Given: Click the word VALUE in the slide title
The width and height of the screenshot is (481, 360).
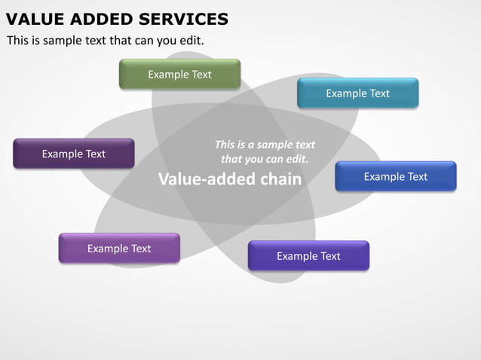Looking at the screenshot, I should coord(33,19).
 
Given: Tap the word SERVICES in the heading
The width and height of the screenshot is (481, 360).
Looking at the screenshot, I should coord(183,19).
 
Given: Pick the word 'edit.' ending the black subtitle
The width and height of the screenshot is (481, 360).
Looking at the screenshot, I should coord(191,40).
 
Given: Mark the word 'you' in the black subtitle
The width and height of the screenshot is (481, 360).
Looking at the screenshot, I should coord(164,40).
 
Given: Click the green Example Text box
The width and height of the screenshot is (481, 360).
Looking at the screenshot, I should coord(179,75).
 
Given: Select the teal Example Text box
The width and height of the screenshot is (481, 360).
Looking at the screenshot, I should coord(357,93).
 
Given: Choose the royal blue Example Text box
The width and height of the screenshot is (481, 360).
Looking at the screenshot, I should coord(395,176).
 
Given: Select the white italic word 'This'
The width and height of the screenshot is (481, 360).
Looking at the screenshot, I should coord(225,145).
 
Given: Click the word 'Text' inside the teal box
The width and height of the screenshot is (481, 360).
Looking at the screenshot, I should coord(379,93).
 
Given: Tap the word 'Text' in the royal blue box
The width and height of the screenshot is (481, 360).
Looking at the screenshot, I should coord(417,176).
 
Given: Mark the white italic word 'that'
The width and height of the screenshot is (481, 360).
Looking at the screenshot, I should coord(231,159).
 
